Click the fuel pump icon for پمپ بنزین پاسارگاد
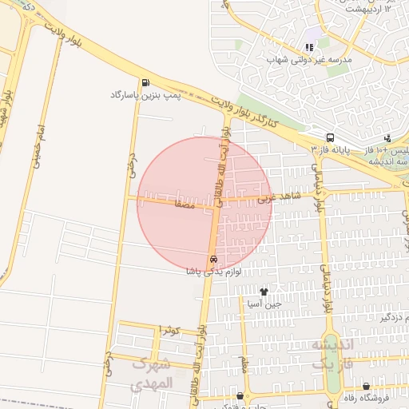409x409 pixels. click(x=145, y=82)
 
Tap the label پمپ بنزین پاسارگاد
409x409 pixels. click(x=142, y=95)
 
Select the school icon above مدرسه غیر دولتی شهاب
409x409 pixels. click(x=309, y=47)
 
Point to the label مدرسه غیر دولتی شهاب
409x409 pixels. click(x=309, y=59)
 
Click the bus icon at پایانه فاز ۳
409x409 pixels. click(x=330, y=137)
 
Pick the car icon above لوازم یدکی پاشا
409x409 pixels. click(x=213, y=260)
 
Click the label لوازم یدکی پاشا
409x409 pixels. click(x=212, y=272)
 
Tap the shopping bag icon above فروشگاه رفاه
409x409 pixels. click(x=366, y=386)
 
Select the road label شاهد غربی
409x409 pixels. click(x=284, y=195)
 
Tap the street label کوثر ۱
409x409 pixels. click(x=169, y=329)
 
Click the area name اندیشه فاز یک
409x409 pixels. click(x=331, y=354)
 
